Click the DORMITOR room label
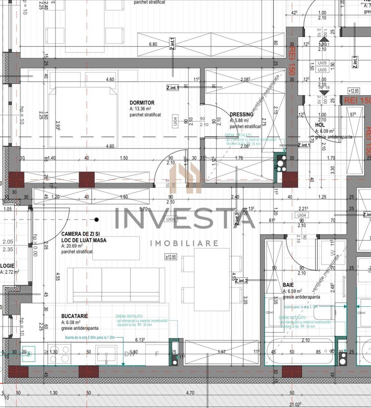click(142, 103)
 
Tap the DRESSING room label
click(241, 114)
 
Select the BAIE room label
click(288, 285)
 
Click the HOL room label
click(320, 125)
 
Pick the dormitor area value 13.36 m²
click(142, 109)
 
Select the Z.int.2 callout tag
click(241, 281)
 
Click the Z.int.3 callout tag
click(237, 219)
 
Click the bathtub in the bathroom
click(300, 352)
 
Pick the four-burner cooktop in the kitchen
click(60, 354)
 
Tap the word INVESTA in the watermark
click(185, 219)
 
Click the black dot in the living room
click(97, 219)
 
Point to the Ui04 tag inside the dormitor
click(175, 121)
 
